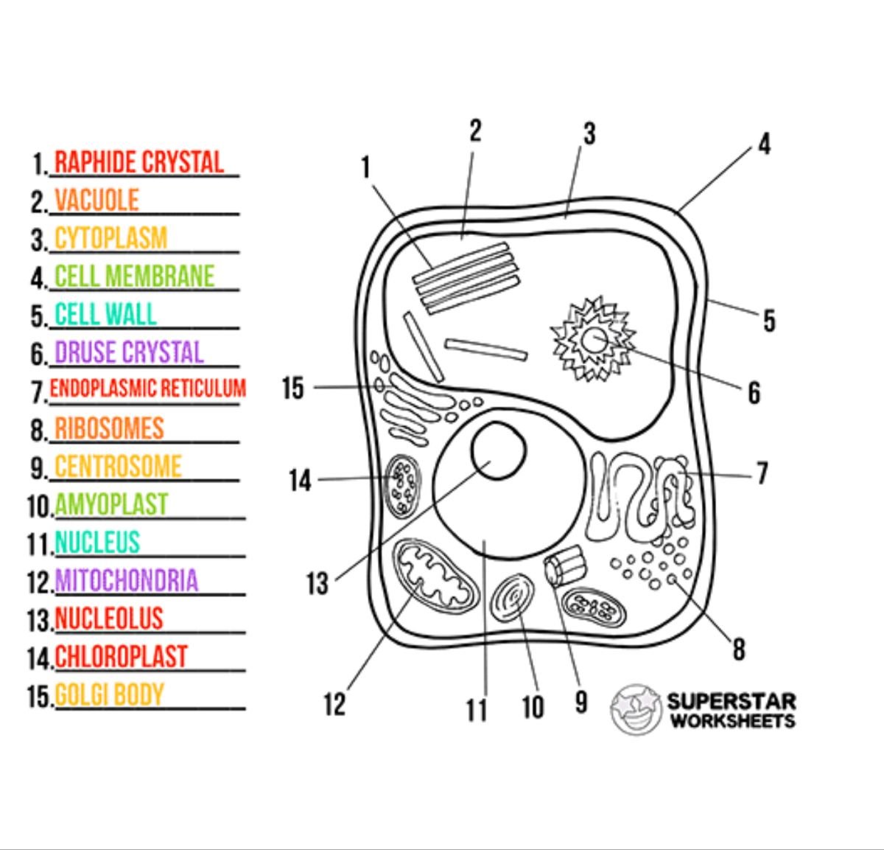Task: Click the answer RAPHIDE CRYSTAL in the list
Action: click(138, 163)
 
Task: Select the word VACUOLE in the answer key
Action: click(97, 201)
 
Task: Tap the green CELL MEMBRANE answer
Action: click(134, 276)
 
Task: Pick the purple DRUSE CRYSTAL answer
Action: click(129, 352)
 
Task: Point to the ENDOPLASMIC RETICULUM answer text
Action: click(147, 389)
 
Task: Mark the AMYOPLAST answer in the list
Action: click(111, 505)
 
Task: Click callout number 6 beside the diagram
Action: click(754, 393)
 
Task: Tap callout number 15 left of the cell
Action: click(292, 388)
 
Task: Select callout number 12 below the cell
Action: click(334, 704)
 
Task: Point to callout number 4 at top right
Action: click(764, 144)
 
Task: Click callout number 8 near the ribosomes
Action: click(738, 649)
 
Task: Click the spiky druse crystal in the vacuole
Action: click(593, 340)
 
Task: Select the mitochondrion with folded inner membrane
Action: click(435, 575)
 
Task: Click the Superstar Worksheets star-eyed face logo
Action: click(636, 709)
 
